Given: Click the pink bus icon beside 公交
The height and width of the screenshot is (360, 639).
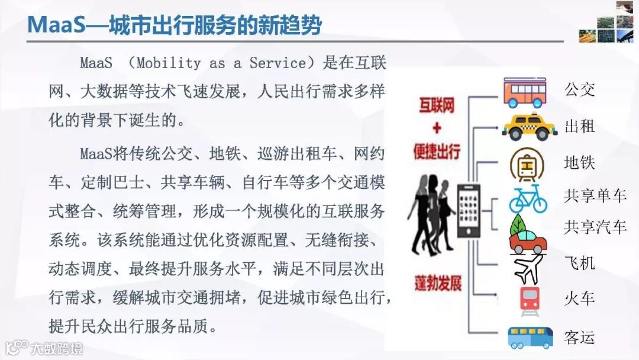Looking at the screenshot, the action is click(528, 92).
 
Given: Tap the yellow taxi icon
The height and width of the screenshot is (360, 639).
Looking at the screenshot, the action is click(529, 127).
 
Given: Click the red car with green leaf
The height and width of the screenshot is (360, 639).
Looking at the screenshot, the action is click(528, 234).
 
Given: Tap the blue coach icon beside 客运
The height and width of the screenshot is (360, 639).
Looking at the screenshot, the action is click(530, 337).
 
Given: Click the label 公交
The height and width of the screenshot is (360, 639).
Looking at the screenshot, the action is click(580, 90).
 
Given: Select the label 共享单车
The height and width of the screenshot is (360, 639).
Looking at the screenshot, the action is click(595, 195).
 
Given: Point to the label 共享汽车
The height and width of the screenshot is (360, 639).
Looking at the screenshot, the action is click(595, 227).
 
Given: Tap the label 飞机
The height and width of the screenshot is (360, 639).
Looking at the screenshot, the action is click(580, 262).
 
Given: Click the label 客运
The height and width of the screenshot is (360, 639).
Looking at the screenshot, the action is click(580, 337).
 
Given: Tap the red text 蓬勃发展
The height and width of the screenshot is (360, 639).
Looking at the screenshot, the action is click(437, 284).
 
